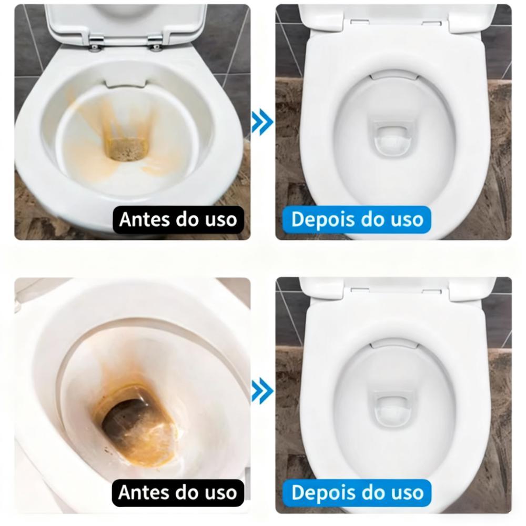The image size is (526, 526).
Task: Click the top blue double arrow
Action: (x=262, y=122)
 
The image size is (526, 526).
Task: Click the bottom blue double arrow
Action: (x=262, y=391)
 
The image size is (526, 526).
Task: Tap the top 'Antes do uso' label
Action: (x=178, y=219)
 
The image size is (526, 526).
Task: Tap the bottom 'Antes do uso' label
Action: (x=178, y=492)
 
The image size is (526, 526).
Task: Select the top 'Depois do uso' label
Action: (x=357, y=219)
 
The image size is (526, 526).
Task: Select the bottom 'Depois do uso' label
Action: (x=357, y=492)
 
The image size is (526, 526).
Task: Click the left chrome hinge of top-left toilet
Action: (x=95, y=43)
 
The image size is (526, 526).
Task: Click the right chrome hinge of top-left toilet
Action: (x=155, y=43)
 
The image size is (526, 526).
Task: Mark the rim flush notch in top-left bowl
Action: (x=126, y=84)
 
